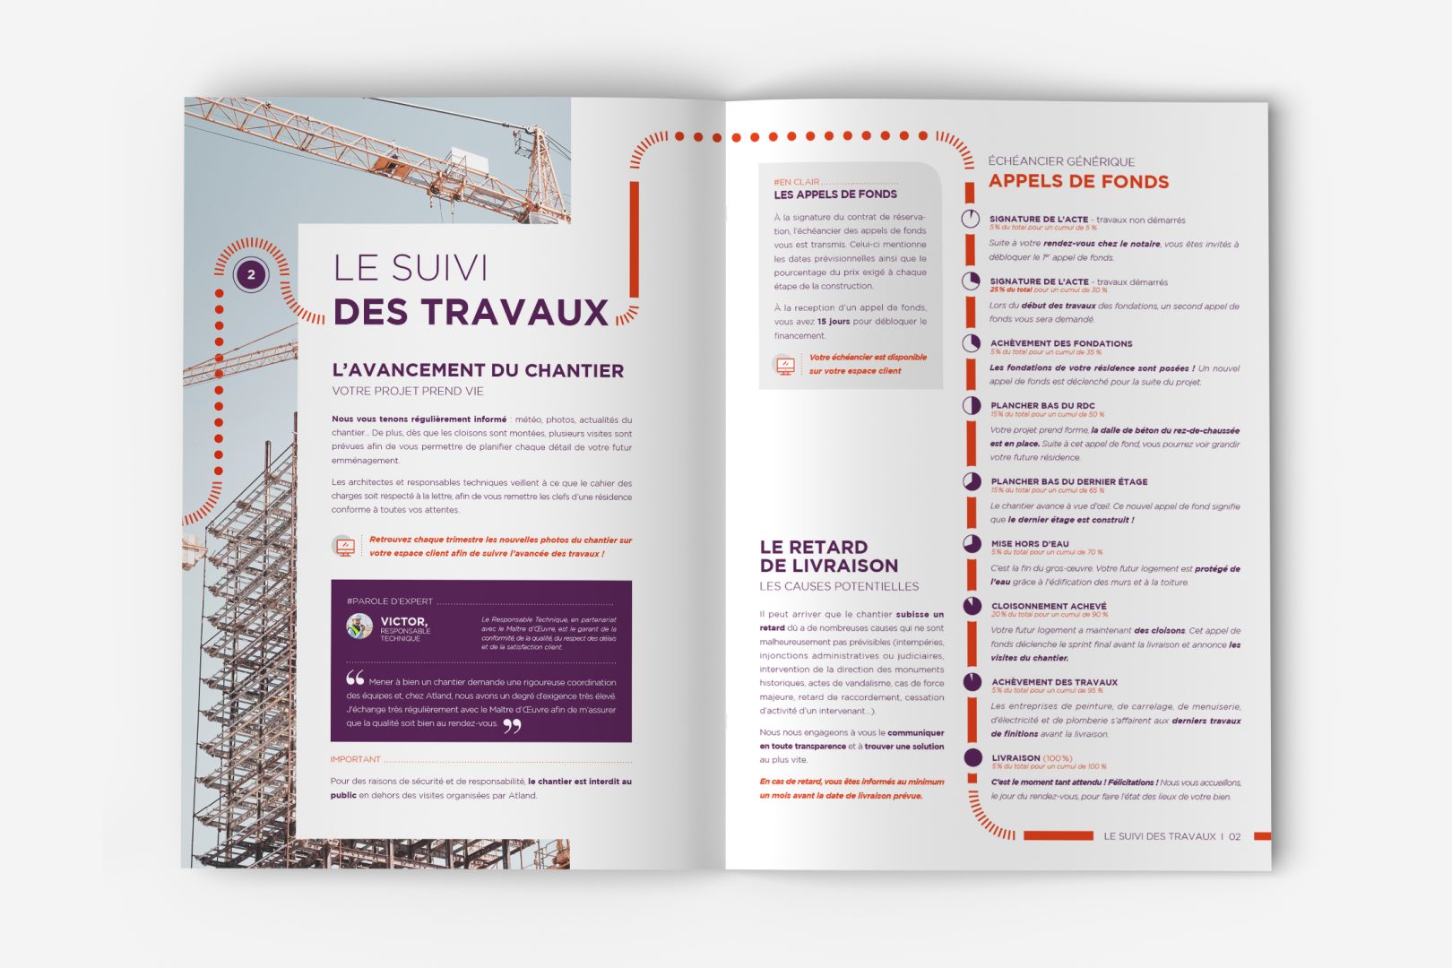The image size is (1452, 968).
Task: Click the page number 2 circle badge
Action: pyautogui.click(x=251, y=274)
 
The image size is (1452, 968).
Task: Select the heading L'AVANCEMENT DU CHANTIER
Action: pyautogui.click(x=478, y=370)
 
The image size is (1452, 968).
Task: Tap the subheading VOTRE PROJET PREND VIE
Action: pyautogui.click(x=408, y=391)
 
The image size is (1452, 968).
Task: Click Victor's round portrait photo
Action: pyautogui.click(x=359, y=626)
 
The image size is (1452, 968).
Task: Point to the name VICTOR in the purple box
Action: pyautogui.click(x=403, y=621)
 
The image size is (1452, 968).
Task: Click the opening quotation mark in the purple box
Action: pyautogui.click(x=355, y=678)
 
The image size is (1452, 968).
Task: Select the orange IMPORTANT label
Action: pyautogui.click(x=356, y=759)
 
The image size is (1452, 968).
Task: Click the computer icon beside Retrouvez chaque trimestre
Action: pyautogui.click(x=344, y=546)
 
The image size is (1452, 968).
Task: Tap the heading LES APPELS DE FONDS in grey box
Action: pyautogui.click(x=835, y=194)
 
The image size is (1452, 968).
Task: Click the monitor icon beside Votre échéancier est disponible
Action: pyautogui.click(x=785, y=365)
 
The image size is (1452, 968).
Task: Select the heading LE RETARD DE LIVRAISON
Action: pyautogui.click(x=828, y=557)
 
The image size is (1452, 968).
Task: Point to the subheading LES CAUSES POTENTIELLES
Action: pyautogui.click(x=839, y=586)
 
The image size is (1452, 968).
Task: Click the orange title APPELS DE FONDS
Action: pyautogui.click(x=1078, y=182)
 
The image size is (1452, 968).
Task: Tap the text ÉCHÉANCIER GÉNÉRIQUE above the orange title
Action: pyautogui.click(x=1061, y=161)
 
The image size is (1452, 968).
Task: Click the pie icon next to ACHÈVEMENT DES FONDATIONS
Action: pyautogui.click(x=972, y=343)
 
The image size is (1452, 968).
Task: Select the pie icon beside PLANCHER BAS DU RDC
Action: pyautogui.click(x=972, y=405)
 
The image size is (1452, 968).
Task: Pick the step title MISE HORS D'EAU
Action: pyautogui.click(x=1030, y=544)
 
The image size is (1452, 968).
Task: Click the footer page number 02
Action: pyautogui.click(x=1234, y=836)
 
